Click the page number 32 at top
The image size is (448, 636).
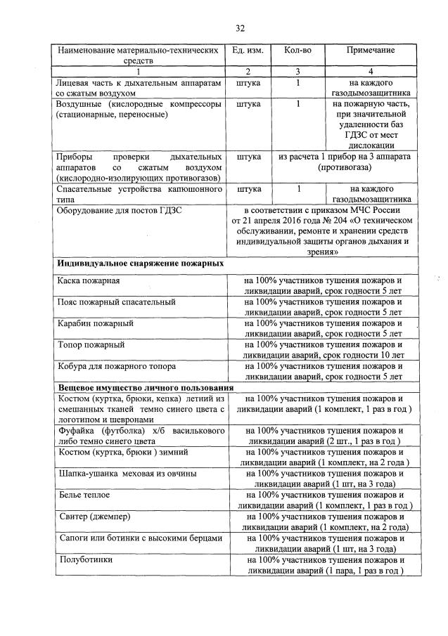coord(239,28)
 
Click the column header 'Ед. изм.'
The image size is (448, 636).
coord(246,51)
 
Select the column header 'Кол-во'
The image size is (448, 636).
coord(297,51)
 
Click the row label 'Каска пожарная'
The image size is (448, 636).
coord(89,281)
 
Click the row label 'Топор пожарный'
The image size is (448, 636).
coord(91,345)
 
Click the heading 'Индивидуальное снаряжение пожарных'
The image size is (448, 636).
coord(141,262)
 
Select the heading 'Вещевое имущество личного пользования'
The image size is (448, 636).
coord(145,387)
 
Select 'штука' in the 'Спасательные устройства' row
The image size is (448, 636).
coord(249,189)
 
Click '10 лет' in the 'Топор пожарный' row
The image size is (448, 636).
coord(390,356)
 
